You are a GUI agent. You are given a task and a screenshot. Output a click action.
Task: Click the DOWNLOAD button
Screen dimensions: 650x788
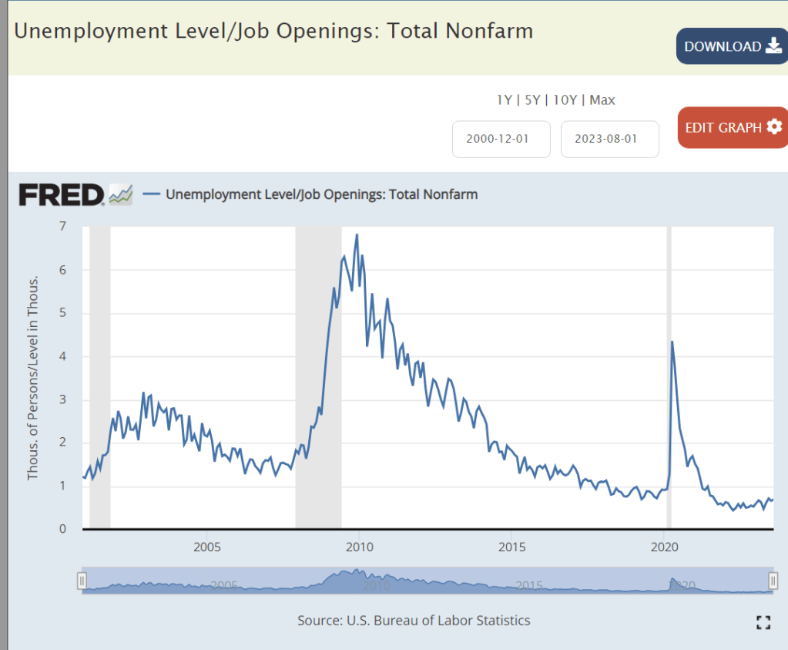(x=732, y=46)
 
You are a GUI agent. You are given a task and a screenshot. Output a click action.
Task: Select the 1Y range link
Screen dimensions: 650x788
(x=505, y=99)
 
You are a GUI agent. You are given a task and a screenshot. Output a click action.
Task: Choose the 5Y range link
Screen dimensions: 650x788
(x=532, y=99)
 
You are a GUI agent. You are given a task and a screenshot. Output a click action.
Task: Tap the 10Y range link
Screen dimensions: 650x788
(x=565, y=99)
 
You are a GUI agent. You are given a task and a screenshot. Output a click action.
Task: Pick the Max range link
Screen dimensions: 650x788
(x=602, y=99)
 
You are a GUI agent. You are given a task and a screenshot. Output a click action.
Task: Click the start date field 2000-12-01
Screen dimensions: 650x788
(x=501, y=140)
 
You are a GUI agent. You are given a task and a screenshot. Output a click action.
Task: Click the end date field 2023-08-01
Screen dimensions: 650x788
(x=609, y=140)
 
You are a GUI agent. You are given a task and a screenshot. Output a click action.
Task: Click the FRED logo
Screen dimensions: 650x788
(x=62, y=194)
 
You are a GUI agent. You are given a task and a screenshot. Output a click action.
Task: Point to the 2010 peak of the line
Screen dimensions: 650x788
(x=357, y=234)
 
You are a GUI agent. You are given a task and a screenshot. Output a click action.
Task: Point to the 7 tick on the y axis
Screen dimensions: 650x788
(x=62, y=227)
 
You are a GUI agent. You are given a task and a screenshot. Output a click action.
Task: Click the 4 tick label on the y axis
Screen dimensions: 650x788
(x=62, y=356)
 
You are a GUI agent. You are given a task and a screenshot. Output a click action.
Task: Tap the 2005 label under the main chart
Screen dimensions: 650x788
(x=207, y=547)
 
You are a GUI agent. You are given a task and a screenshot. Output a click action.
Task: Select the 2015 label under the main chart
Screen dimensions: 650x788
(x=511, y=547)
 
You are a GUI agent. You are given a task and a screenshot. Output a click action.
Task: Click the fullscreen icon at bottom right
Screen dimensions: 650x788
(x=763, y=623)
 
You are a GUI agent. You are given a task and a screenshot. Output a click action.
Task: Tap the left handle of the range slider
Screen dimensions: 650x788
(x=82, y=581)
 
